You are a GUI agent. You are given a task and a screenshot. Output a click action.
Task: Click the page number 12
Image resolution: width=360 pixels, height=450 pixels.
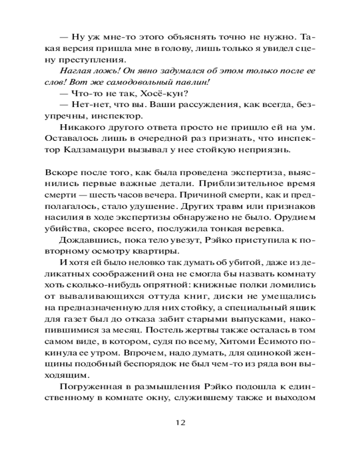click(180, 423)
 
